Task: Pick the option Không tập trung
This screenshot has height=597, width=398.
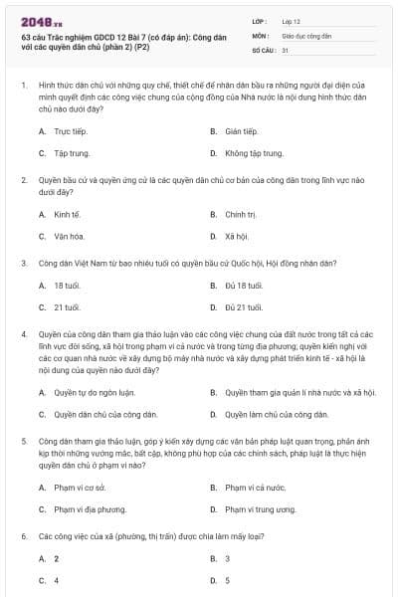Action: coord(249,153)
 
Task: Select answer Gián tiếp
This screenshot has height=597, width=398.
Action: coord(241,130)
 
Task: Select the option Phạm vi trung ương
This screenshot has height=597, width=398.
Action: coord(260,508)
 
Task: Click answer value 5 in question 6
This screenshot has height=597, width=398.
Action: coord(227,580)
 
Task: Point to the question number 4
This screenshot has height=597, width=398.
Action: coord(23,335)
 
